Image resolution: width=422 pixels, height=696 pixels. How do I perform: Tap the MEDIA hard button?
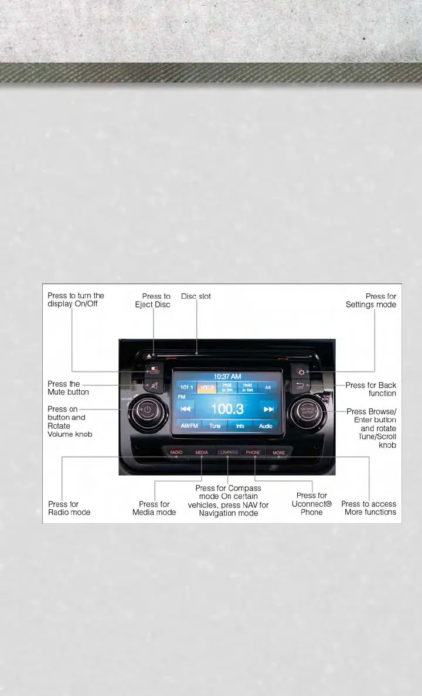[x=202, y=453]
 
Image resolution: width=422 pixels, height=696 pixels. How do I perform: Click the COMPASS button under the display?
[x=228, y=453]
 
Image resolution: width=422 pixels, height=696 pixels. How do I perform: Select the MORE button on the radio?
[x=279, y=453]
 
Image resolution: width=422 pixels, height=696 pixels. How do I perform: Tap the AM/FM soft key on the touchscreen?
[x=189, y=426]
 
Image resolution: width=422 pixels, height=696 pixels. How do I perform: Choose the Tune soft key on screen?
[x=215, y=426]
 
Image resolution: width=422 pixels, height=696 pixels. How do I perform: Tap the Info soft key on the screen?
[x=240, y=426]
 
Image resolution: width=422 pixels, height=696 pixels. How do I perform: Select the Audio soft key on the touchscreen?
[x=266, y=426]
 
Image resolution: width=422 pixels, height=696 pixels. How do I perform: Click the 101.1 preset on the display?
[x=186, y=387]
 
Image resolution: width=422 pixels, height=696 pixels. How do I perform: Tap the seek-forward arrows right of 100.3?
[x=268, y=409]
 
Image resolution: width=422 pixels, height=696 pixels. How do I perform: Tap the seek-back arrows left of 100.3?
[x=186, y=409]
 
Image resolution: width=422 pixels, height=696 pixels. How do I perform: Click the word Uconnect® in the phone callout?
[x=312, y=504]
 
